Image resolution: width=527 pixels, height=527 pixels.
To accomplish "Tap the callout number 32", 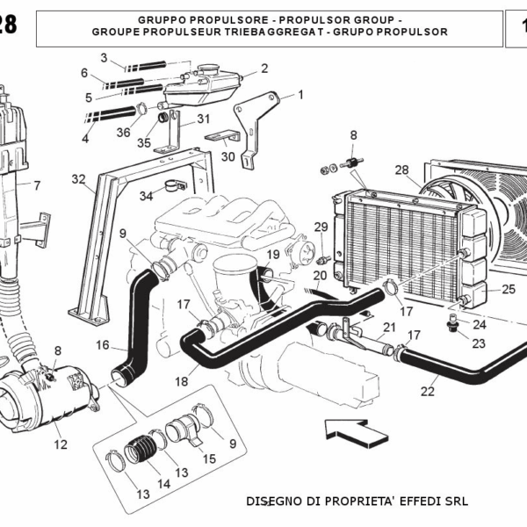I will click(79, 180).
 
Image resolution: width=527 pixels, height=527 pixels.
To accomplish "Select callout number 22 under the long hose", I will click(428, 392).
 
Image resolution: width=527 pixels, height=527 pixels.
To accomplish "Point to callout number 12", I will click(60, 444).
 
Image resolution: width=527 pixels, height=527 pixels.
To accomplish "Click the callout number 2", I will click(264, 68).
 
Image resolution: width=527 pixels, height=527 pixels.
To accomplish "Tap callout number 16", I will click(103, 345).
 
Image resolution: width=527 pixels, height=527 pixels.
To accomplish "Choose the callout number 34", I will click(146, 195).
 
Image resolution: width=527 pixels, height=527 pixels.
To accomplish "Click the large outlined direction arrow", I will click(356, 430).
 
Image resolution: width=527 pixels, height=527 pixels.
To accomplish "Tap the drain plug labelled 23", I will click(453, 328).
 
